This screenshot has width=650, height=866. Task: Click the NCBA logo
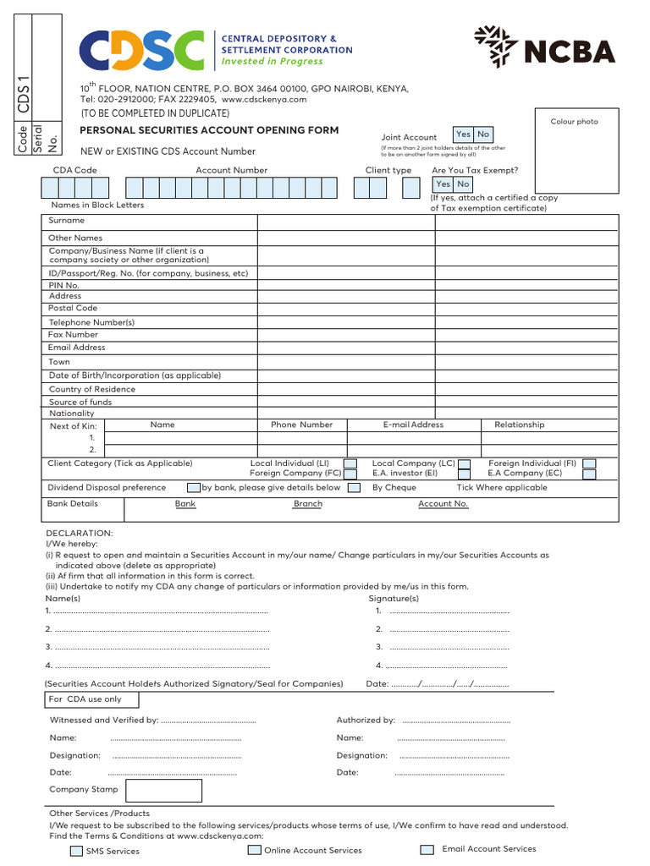click(x=555, y=47)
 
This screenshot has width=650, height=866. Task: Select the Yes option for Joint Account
click(x=463, y=134)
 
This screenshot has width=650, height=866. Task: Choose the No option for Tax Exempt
click(x=463, y=184)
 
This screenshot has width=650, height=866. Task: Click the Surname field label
click(x=67, y=221)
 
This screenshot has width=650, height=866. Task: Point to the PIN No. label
click(x=64, y=286)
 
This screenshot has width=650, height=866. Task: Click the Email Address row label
click(x=77, y=348)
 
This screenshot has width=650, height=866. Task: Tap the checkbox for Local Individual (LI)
click(x=350, y=463)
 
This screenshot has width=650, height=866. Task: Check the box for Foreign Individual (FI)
click(x=590, y=463)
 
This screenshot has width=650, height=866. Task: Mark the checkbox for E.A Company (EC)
click(x=590, y=474)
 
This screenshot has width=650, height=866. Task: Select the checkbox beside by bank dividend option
click(x=195, y=488)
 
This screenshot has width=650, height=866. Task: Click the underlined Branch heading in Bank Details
click(x=307, y=504)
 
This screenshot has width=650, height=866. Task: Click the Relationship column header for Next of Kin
click(x=519, y=425)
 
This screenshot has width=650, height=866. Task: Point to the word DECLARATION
click(x=79, y=534)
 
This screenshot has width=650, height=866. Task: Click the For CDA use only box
click(x=91, y=699)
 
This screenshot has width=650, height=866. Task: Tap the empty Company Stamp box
click(x=163, y=790)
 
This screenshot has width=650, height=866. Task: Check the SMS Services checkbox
click(x=76, y=851)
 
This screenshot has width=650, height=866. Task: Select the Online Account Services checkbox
click(x=254, y=850)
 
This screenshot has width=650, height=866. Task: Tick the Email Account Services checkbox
click(x=427, y=849)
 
